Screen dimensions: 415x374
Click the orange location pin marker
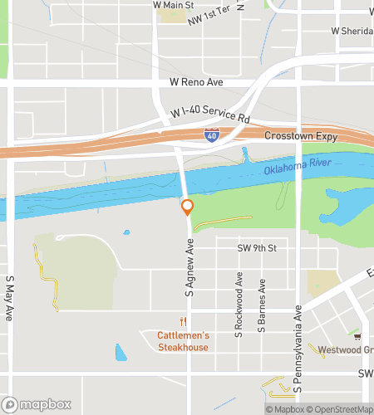(187, 207)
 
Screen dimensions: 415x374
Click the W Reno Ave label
(196, 83)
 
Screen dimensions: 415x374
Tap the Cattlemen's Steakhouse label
(183, 341)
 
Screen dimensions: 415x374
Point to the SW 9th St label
(256, 248)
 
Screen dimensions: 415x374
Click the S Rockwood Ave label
(239, 305)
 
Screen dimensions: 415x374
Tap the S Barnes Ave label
(261, 305)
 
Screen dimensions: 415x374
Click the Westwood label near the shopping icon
(349, 349)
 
